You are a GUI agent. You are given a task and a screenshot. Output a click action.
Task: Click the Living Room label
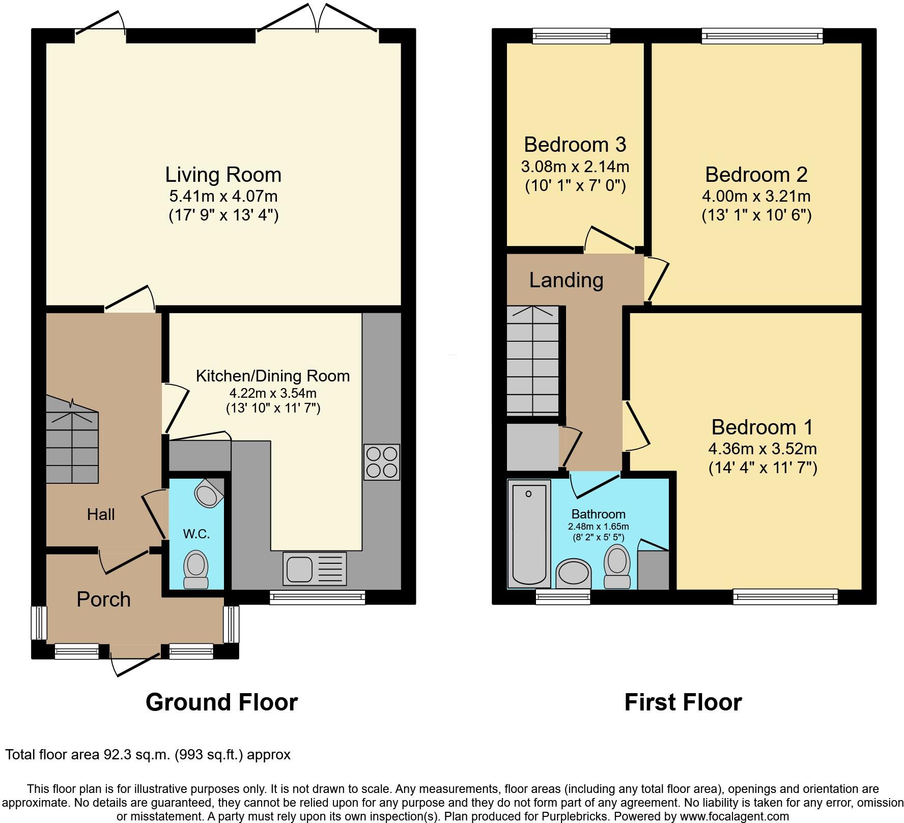223,175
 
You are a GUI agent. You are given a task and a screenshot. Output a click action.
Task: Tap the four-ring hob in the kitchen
382,462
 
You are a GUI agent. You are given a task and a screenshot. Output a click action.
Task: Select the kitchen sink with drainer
314,568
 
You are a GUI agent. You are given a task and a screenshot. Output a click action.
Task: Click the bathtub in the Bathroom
529,534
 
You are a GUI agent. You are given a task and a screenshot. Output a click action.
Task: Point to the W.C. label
196,534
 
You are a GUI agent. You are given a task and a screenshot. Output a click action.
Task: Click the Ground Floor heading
221,702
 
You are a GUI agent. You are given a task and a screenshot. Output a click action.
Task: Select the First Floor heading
683,702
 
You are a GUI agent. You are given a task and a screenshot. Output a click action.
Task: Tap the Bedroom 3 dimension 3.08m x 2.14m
575,167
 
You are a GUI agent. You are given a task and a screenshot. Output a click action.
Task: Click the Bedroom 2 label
756,175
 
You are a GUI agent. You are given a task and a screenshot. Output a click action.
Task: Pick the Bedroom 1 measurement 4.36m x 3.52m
762,449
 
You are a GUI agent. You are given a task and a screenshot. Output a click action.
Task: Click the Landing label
566,280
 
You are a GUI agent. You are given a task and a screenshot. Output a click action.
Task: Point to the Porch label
103,599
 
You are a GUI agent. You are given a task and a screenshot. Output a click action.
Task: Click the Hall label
101,514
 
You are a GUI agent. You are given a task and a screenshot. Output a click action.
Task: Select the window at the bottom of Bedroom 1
785,596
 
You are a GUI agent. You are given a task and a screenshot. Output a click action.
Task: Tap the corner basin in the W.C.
208,493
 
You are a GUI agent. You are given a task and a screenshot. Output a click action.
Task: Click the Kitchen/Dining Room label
273,376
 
